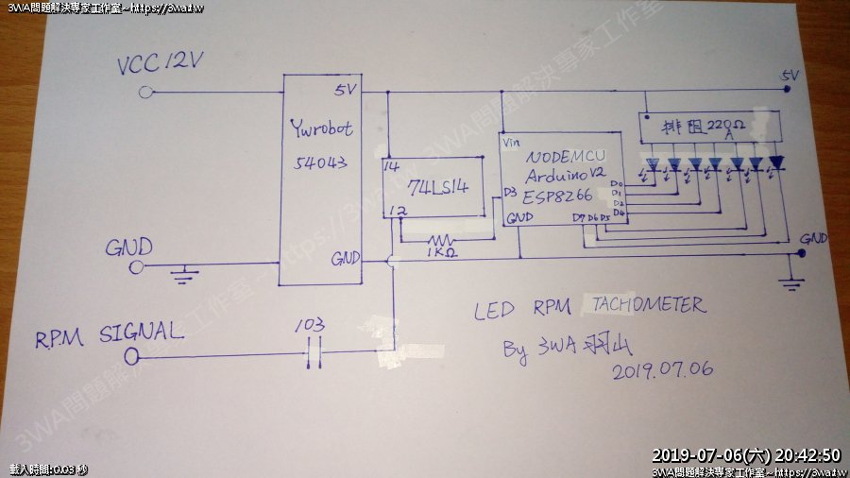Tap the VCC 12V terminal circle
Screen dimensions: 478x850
tap(145, 93)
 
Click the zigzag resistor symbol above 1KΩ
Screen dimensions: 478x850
tap(440, 239)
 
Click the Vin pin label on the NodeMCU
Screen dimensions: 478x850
tap(512, 143)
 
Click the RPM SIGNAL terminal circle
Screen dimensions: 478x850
tap(132, 356)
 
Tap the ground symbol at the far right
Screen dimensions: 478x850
tap(795, 281)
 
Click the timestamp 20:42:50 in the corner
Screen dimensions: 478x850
tap(805, 454)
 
